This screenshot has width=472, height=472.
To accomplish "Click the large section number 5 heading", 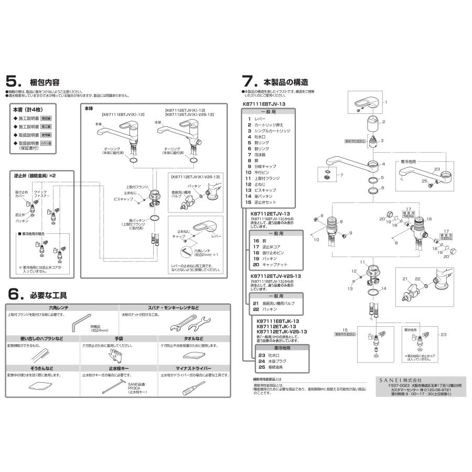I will coord(12,82).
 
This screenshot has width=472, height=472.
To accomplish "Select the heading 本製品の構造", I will coord(285,82).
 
